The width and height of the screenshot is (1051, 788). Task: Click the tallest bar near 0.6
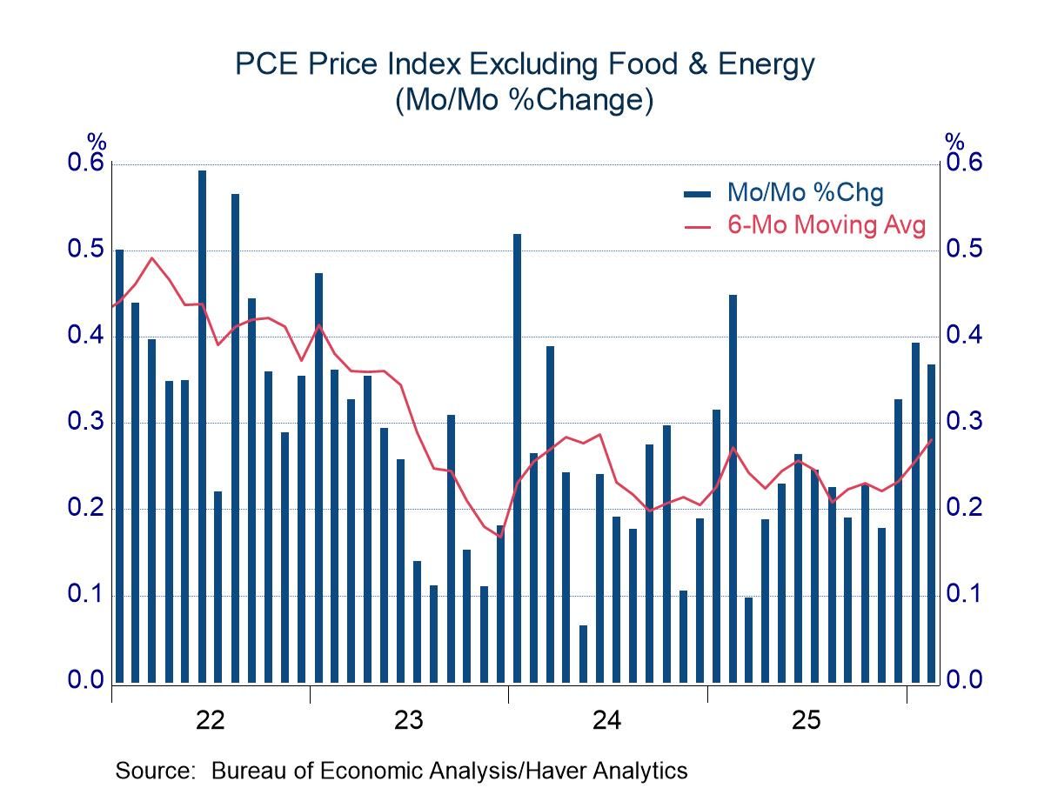tap(202, 426)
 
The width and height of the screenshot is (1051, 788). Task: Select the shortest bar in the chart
tap(583, 653)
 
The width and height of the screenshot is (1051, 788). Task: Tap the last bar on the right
tap(931, 523)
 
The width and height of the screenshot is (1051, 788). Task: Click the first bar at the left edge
tap(119, 465)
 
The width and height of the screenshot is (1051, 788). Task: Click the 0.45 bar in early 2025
tap(733, 488)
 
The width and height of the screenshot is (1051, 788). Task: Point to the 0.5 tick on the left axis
tap(84, 250)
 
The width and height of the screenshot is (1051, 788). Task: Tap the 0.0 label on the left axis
tap(84, 680)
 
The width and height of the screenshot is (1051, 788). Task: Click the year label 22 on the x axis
tap(211, 720)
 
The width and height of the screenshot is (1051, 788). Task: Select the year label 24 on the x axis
tap(607, 720)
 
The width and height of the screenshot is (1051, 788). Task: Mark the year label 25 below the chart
tap(806, 720)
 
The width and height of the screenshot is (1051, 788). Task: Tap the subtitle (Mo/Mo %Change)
tap(525, 101)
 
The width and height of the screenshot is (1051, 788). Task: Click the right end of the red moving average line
tap(931, 439)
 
